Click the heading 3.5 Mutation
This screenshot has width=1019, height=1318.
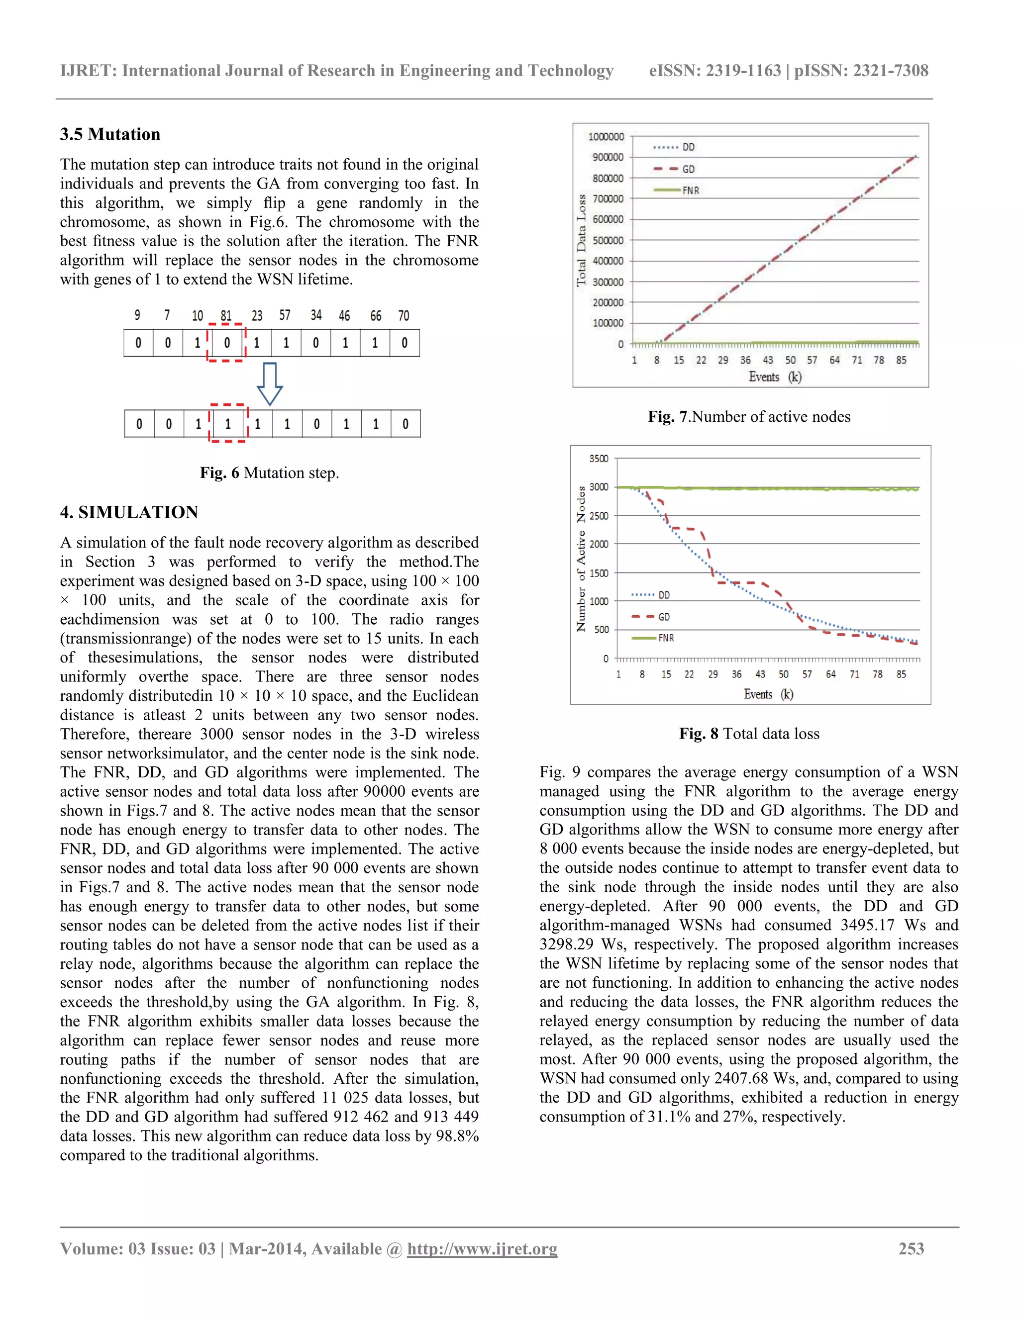pyautogui.click(x=110, y=134)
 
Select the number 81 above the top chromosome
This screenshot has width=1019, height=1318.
pyautogui.click(x=226, y=316)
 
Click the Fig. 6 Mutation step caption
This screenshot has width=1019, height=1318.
pyautogui.click(x=269, y=472)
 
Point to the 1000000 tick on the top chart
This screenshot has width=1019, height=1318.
pyautogui.click(x=606, y=136)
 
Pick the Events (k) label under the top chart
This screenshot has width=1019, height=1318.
pyautogui.click(x=775, y=377)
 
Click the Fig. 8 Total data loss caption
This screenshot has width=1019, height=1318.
pyautogui.click(x=749, y=733)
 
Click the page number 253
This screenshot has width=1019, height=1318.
pyautogui.click(x=911, y=1248)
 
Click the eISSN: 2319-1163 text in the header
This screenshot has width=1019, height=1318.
pyautogui.click(x=714, y=71)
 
